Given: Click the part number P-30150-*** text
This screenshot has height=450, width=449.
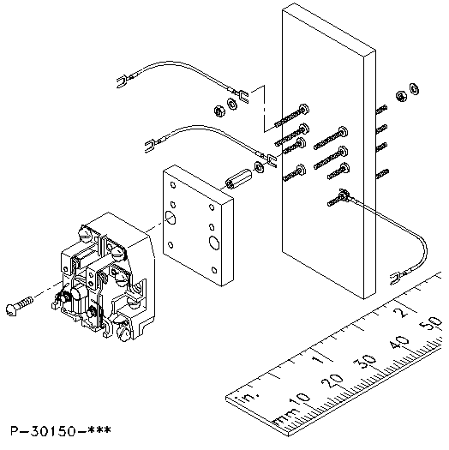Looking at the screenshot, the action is (61, 430).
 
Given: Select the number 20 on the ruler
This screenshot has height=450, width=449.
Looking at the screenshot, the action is (332, 381).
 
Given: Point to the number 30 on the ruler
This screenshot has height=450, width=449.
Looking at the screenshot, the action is (365, 362).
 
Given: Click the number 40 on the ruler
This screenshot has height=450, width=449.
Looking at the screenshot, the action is (398, 342).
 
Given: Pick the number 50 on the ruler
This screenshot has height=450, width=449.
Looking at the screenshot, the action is (430, 323).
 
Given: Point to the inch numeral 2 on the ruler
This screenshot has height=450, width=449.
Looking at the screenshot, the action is (402, 311).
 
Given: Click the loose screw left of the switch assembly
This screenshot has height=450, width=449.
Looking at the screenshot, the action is (20, 305).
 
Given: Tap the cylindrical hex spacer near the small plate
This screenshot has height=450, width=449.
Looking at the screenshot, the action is (238, 178).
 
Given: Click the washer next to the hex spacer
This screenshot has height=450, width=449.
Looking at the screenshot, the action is (259, 167).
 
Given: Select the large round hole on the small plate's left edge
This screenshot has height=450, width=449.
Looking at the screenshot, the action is (171, 217).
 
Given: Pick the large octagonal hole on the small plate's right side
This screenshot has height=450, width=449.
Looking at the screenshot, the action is (214, 243).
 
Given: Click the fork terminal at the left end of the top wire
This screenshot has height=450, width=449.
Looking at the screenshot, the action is (123, 81).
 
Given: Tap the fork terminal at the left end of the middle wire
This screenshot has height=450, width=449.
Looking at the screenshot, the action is (150, 145).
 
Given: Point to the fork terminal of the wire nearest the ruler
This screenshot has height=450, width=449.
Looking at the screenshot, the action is (396, 278).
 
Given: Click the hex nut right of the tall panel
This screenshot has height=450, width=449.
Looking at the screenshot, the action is (400, 96).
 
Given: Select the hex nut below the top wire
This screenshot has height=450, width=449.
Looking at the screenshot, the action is (219, 111).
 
